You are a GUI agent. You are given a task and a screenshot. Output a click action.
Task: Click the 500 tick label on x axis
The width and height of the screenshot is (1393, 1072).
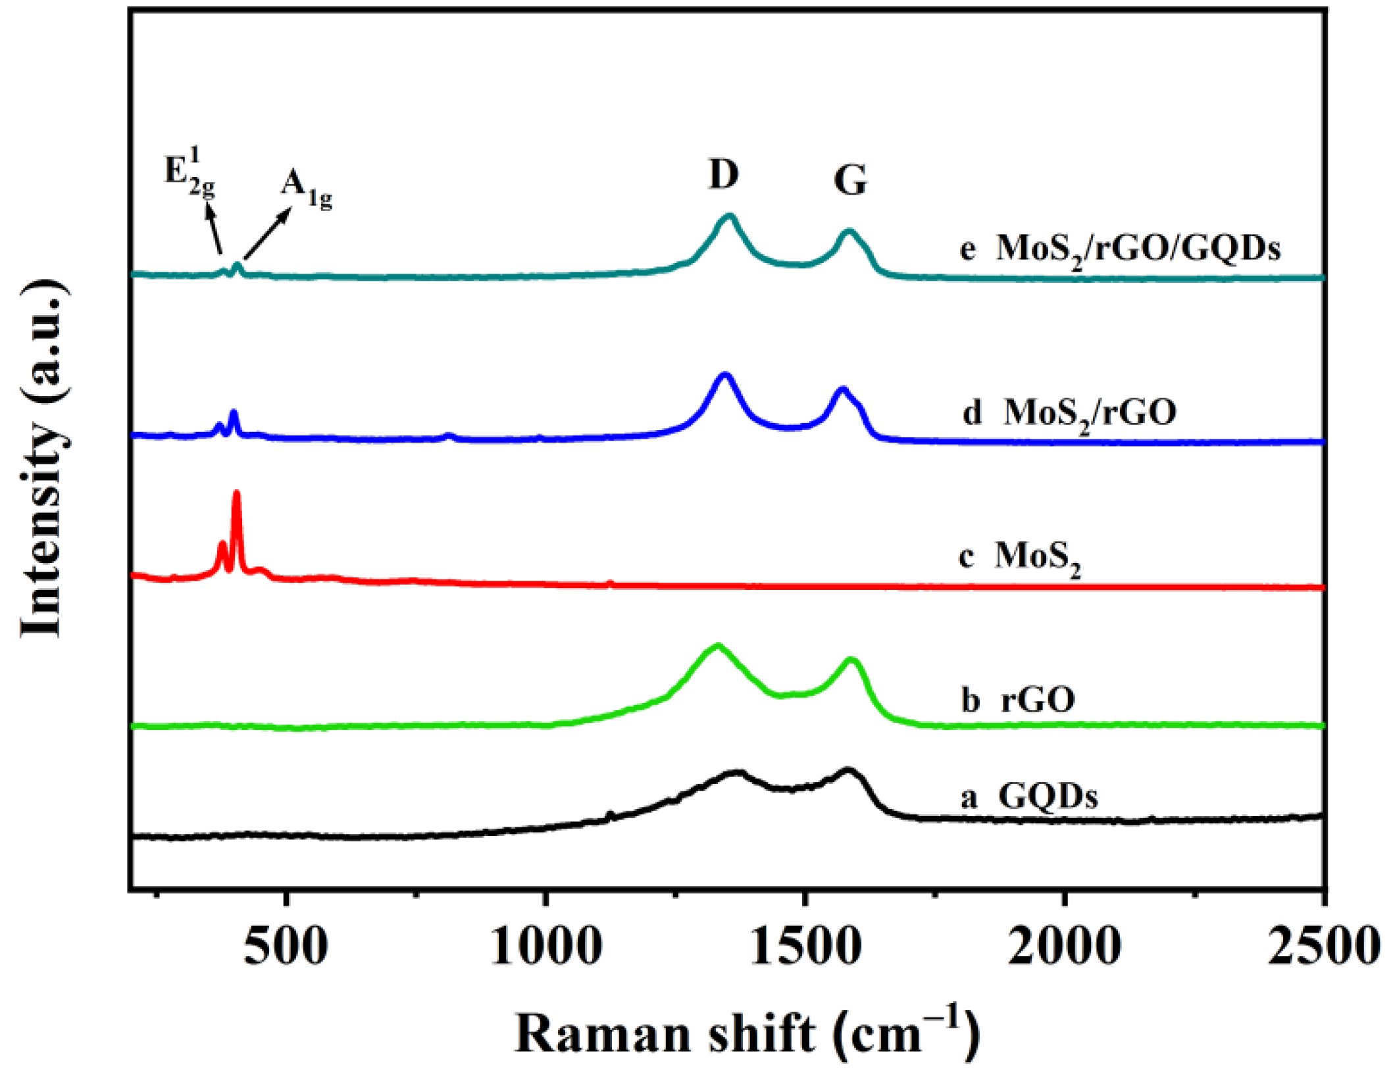coord(286,947)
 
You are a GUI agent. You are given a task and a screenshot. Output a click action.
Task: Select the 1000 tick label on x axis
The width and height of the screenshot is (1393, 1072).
coord(545,947)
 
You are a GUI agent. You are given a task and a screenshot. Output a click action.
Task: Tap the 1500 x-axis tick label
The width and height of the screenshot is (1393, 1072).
coord(805,947)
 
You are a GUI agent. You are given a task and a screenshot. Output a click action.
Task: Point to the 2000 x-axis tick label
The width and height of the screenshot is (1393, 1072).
coord(1064,947)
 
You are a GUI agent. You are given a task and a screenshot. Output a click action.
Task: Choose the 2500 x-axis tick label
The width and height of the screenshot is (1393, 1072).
coord(1323,947)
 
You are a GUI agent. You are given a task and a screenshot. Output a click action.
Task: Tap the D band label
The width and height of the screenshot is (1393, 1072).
coord(723,175)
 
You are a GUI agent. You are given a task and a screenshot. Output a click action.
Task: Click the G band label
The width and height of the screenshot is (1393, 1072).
coord(850,180)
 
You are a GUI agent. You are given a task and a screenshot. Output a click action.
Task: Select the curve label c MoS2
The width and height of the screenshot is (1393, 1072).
coord(1019,557)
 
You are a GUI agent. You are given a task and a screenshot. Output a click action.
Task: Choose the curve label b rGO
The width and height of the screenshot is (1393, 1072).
coord(1018,700)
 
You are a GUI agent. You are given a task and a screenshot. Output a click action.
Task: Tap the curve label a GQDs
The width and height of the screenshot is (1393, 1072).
coord(1030,796)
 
